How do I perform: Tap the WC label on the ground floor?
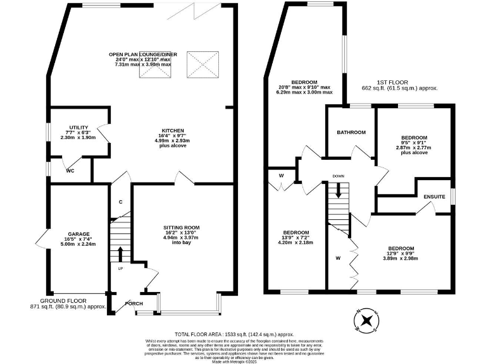(x=71, y=171)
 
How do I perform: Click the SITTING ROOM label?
(x=182, y=227)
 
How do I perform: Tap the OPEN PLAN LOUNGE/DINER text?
(x=143, y=54)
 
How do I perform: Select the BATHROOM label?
(x=351, y=132)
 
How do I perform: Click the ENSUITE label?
(x=434, y=197)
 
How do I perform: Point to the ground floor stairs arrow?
(x=120, y=253)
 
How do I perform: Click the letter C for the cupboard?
(x=120, y=202)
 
